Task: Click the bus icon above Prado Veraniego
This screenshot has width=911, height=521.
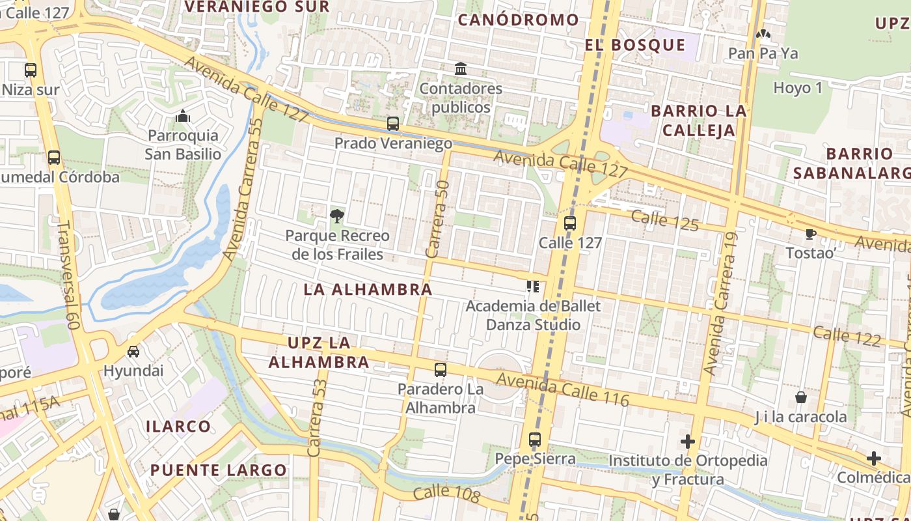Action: pyautogui.click(x=392, y=124)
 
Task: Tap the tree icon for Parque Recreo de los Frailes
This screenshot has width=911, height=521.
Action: pyautogui.click(x=336, y=216)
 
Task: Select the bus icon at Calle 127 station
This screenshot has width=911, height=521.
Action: pyautogui.click(x=570, y=223)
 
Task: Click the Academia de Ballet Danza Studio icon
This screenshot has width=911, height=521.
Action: pyautogui.click(x=533, y=287)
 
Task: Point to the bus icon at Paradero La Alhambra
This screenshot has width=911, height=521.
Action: pyautogui.click(x=441, y=370)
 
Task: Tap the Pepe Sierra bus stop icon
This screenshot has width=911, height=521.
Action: pyautogui.click(x=535, y=440)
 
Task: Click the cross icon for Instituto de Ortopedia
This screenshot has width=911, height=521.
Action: pyautogui.click(x=688, y=442)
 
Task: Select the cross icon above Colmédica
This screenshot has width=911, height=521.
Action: pyautogui.click(x=874, y=458)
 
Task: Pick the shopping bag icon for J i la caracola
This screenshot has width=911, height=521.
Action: pyautogui.click(x=801, y=397)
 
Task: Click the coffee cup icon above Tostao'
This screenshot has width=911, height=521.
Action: pyautogui.click(x=810, y=234)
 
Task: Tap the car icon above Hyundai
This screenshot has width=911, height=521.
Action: pyautogui.click(x=133, y=352)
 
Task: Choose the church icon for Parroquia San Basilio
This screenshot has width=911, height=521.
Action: pyautogui.click(x=182, y=117)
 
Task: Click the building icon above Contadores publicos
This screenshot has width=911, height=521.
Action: pyautogui.click(x=461, y=69)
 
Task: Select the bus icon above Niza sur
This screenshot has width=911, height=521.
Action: pyautogui.click(x=31, y=70)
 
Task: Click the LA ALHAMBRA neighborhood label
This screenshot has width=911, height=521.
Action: pyautogui.click(x=368, y=290)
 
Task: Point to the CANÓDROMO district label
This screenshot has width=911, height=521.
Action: pyautogui.click(x=518, y=20)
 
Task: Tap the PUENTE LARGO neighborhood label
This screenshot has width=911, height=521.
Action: pyautogui.click(x=219, y=470)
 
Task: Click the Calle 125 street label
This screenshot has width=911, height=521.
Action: pyautogui.click(x=664, y=221)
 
